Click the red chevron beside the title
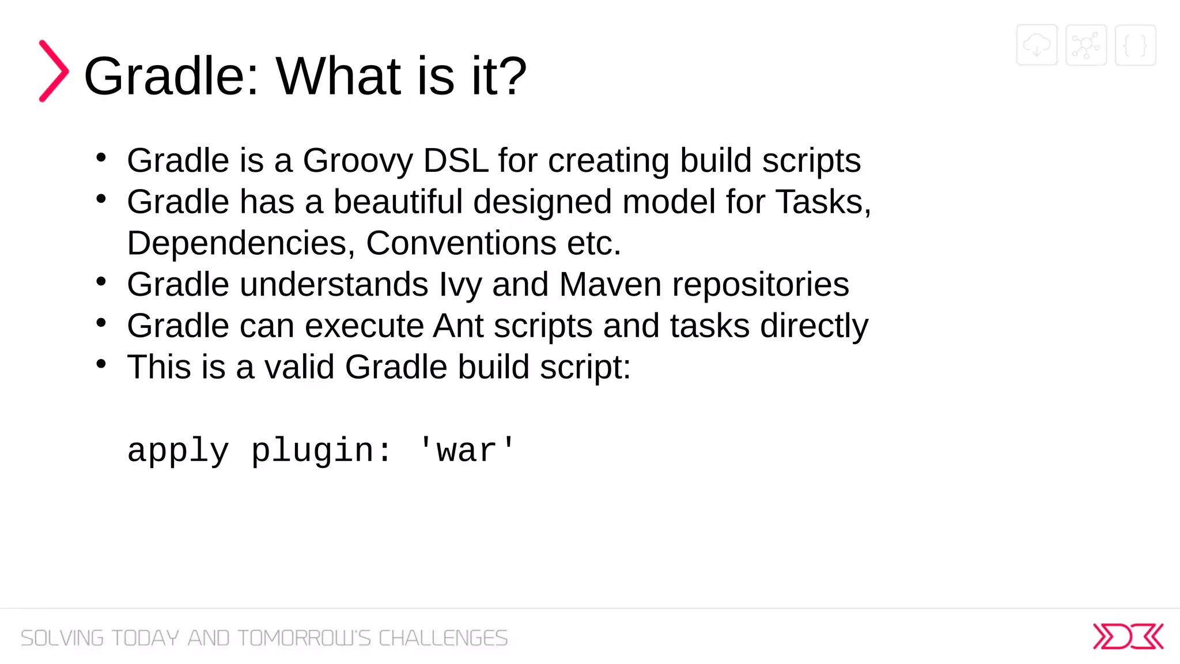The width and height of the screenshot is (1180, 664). click(54, 71)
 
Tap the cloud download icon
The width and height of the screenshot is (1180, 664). click(1037, 45)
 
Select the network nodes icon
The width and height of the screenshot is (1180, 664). click(1086, 45)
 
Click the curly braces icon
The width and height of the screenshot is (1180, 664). click(1135, 45)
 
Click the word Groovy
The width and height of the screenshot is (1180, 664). click(357, 161)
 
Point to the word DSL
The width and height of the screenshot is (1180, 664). click(455, 160)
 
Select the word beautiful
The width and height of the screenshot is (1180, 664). click(398, 202)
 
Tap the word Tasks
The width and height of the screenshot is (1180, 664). click(820, 202)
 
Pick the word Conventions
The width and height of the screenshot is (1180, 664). click(461, 243)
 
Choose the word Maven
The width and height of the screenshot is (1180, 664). click(610, 285)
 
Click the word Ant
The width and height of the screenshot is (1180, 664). click(458, 326)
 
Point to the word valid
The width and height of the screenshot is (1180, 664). click(299, 367)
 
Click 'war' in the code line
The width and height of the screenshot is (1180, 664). click(466, 451)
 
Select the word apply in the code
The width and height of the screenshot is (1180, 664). click(178, 451)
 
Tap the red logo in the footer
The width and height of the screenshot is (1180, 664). click(1128, 636)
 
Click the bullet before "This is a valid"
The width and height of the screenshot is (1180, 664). click(101, 364)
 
